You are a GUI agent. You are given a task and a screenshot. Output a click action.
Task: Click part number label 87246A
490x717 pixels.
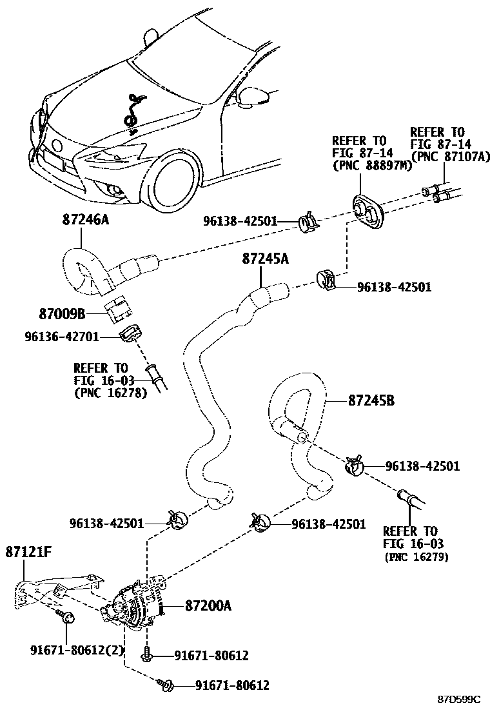click(86, 219)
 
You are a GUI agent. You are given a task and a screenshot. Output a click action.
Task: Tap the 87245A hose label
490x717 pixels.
click(266, 259)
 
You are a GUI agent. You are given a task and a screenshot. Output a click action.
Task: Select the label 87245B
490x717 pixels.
click(371, 400)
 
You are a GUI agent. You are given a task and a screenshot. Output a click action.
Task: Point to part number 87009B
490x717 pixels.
click(62, 314)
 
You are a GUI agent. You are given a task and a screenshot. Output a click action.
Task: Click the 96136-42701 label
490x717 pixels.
click(62, 336)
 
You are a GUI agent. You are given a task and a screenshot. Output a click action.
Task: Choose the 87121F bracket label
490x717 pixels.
click(29, 551)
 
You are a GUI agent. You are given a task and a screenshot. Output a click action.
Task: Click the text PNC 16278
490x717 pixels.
click(111, 391)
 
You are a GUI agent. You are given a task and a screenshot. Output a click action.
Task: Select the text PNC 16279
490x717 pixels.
click(416, 556)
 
